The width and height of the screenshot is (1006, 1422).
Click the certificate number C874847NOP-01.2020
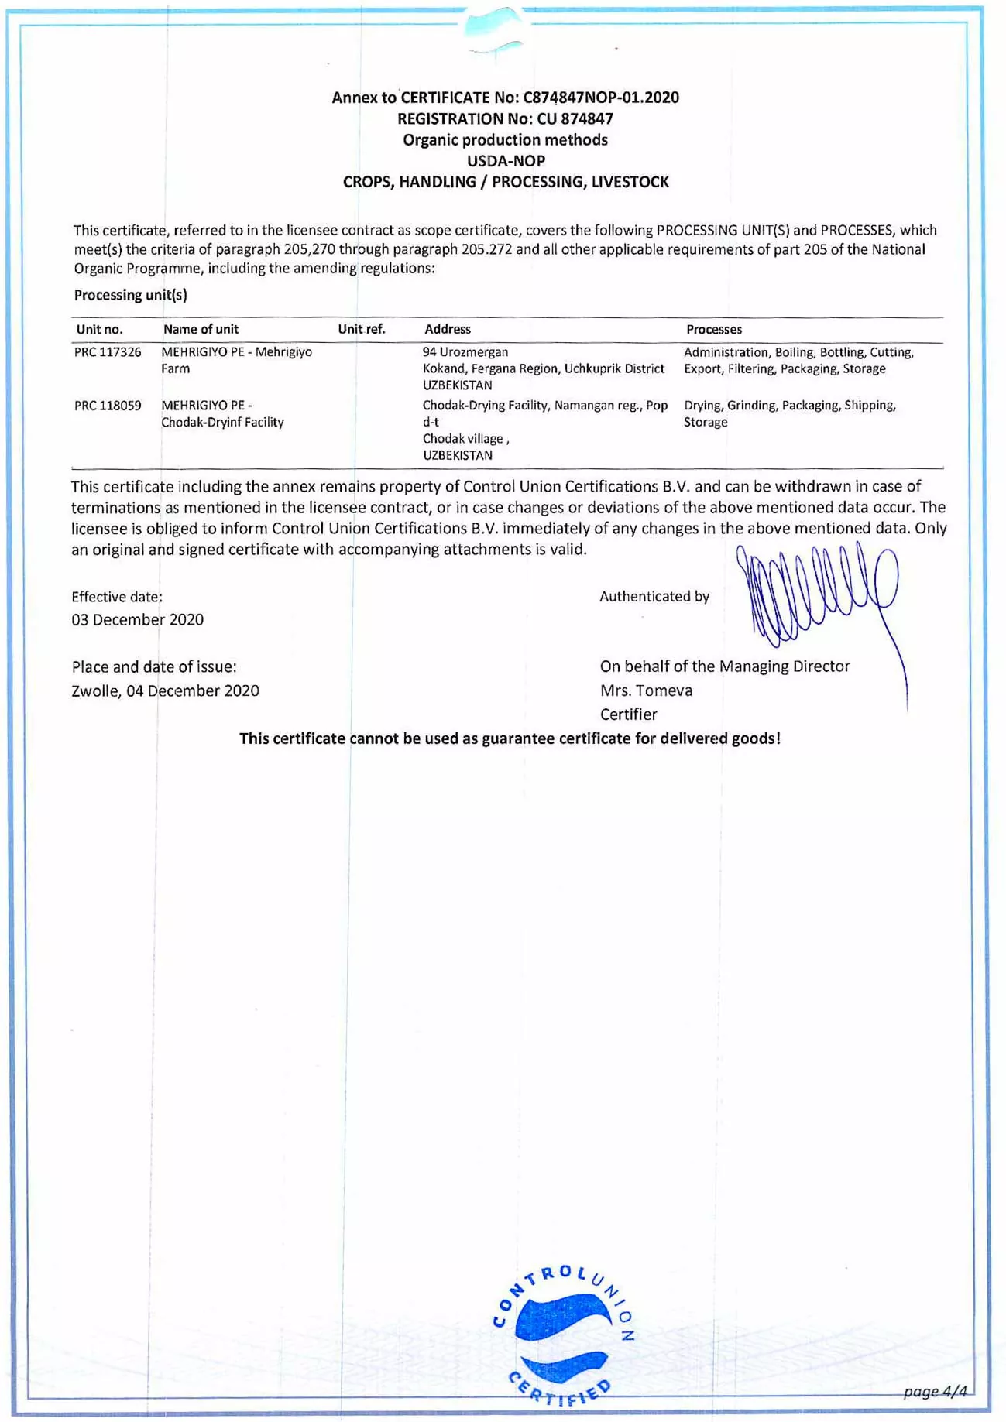tap(601, 98)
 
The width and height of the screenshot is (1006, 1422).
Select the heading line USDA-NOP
tap(506, 161)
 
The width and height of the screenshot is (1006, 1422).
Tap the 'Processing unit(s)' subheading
tap(130, 295)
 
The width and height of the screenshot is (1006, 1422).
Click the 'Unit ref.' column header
tap(361, 329)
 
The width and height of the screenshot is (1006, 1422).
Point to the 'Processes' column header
tap(713, 329)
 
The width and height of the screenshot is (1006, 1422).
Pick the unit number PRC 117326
tap(108, 352)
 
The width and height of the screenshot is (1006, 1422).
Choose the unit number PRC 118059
tap(108, 406)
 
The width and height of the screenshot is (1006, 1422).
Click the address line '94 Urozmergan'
tap(465, 352)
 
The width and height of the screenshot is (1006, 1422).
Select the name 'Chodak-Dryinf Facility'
tap(222, 423)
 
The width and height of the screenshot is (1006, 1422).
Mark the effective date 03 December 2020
tap(137, 619)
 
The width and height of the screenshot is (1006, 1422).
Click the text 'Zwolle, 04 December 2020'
tap(165, 690)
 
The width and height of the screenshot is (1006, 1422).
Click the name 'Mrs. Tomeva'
tap(646, 690)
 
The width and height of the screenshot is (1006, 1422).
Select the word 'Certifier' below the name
tap(628, 714)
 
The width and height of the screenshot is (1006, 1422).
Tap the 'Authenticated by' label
tap(654, 596)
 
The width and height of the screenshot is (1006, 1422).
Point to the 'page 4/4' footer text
tap(935, 1391)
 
